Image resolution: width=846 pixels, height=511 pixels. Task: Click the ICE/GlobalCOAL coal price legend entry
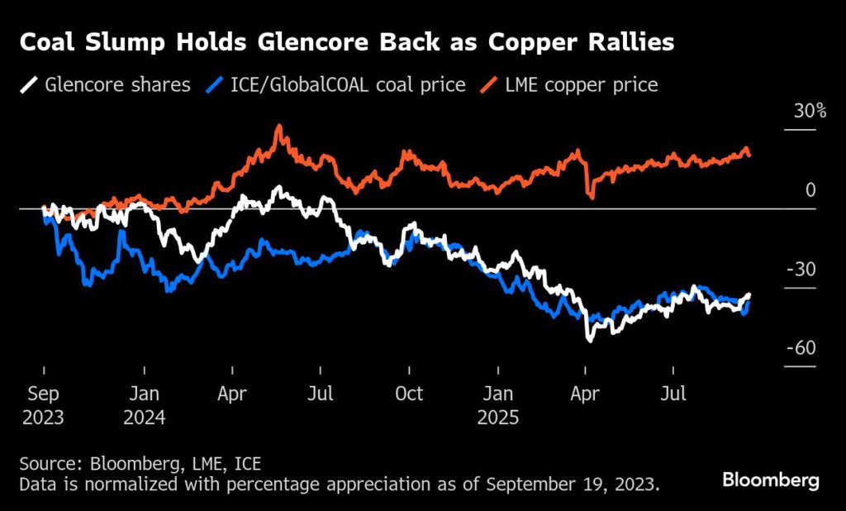point(335,84)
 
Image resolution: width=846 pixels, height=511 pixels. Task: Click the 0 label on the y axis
point(810,190)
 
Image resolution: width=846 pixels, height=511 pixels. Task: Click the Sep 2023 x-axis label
point(43,405)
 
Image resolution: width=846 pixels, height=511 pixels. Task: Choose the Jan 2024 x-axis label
point(144,405)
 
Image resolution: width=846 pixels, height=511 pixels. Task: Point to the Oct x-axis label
point(409,394)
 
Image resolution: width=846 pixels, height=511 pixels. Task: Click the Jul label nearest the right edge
point(673,394)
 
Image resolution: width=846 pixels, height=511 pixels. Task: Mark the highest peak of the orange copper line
point(279,126)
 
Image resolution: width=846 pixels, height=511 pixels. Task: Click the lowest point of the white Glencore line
point(589,339)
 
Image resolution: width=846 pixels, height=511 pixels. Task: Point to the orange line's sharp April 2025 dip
point(591,197)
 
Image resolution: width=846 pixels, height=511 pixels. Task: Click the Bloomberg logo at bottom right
point(770,480)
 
